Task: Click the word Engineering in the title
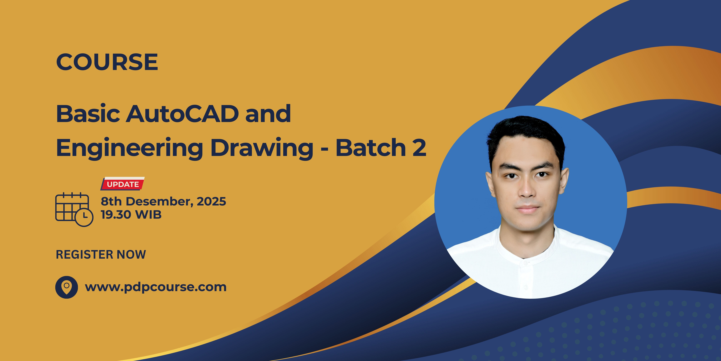coord(129,148)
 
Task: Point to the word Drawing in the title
coord(262,148)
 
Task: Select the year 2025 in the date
coord(211,201)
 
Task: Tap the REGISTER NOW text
coord(101,254)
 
